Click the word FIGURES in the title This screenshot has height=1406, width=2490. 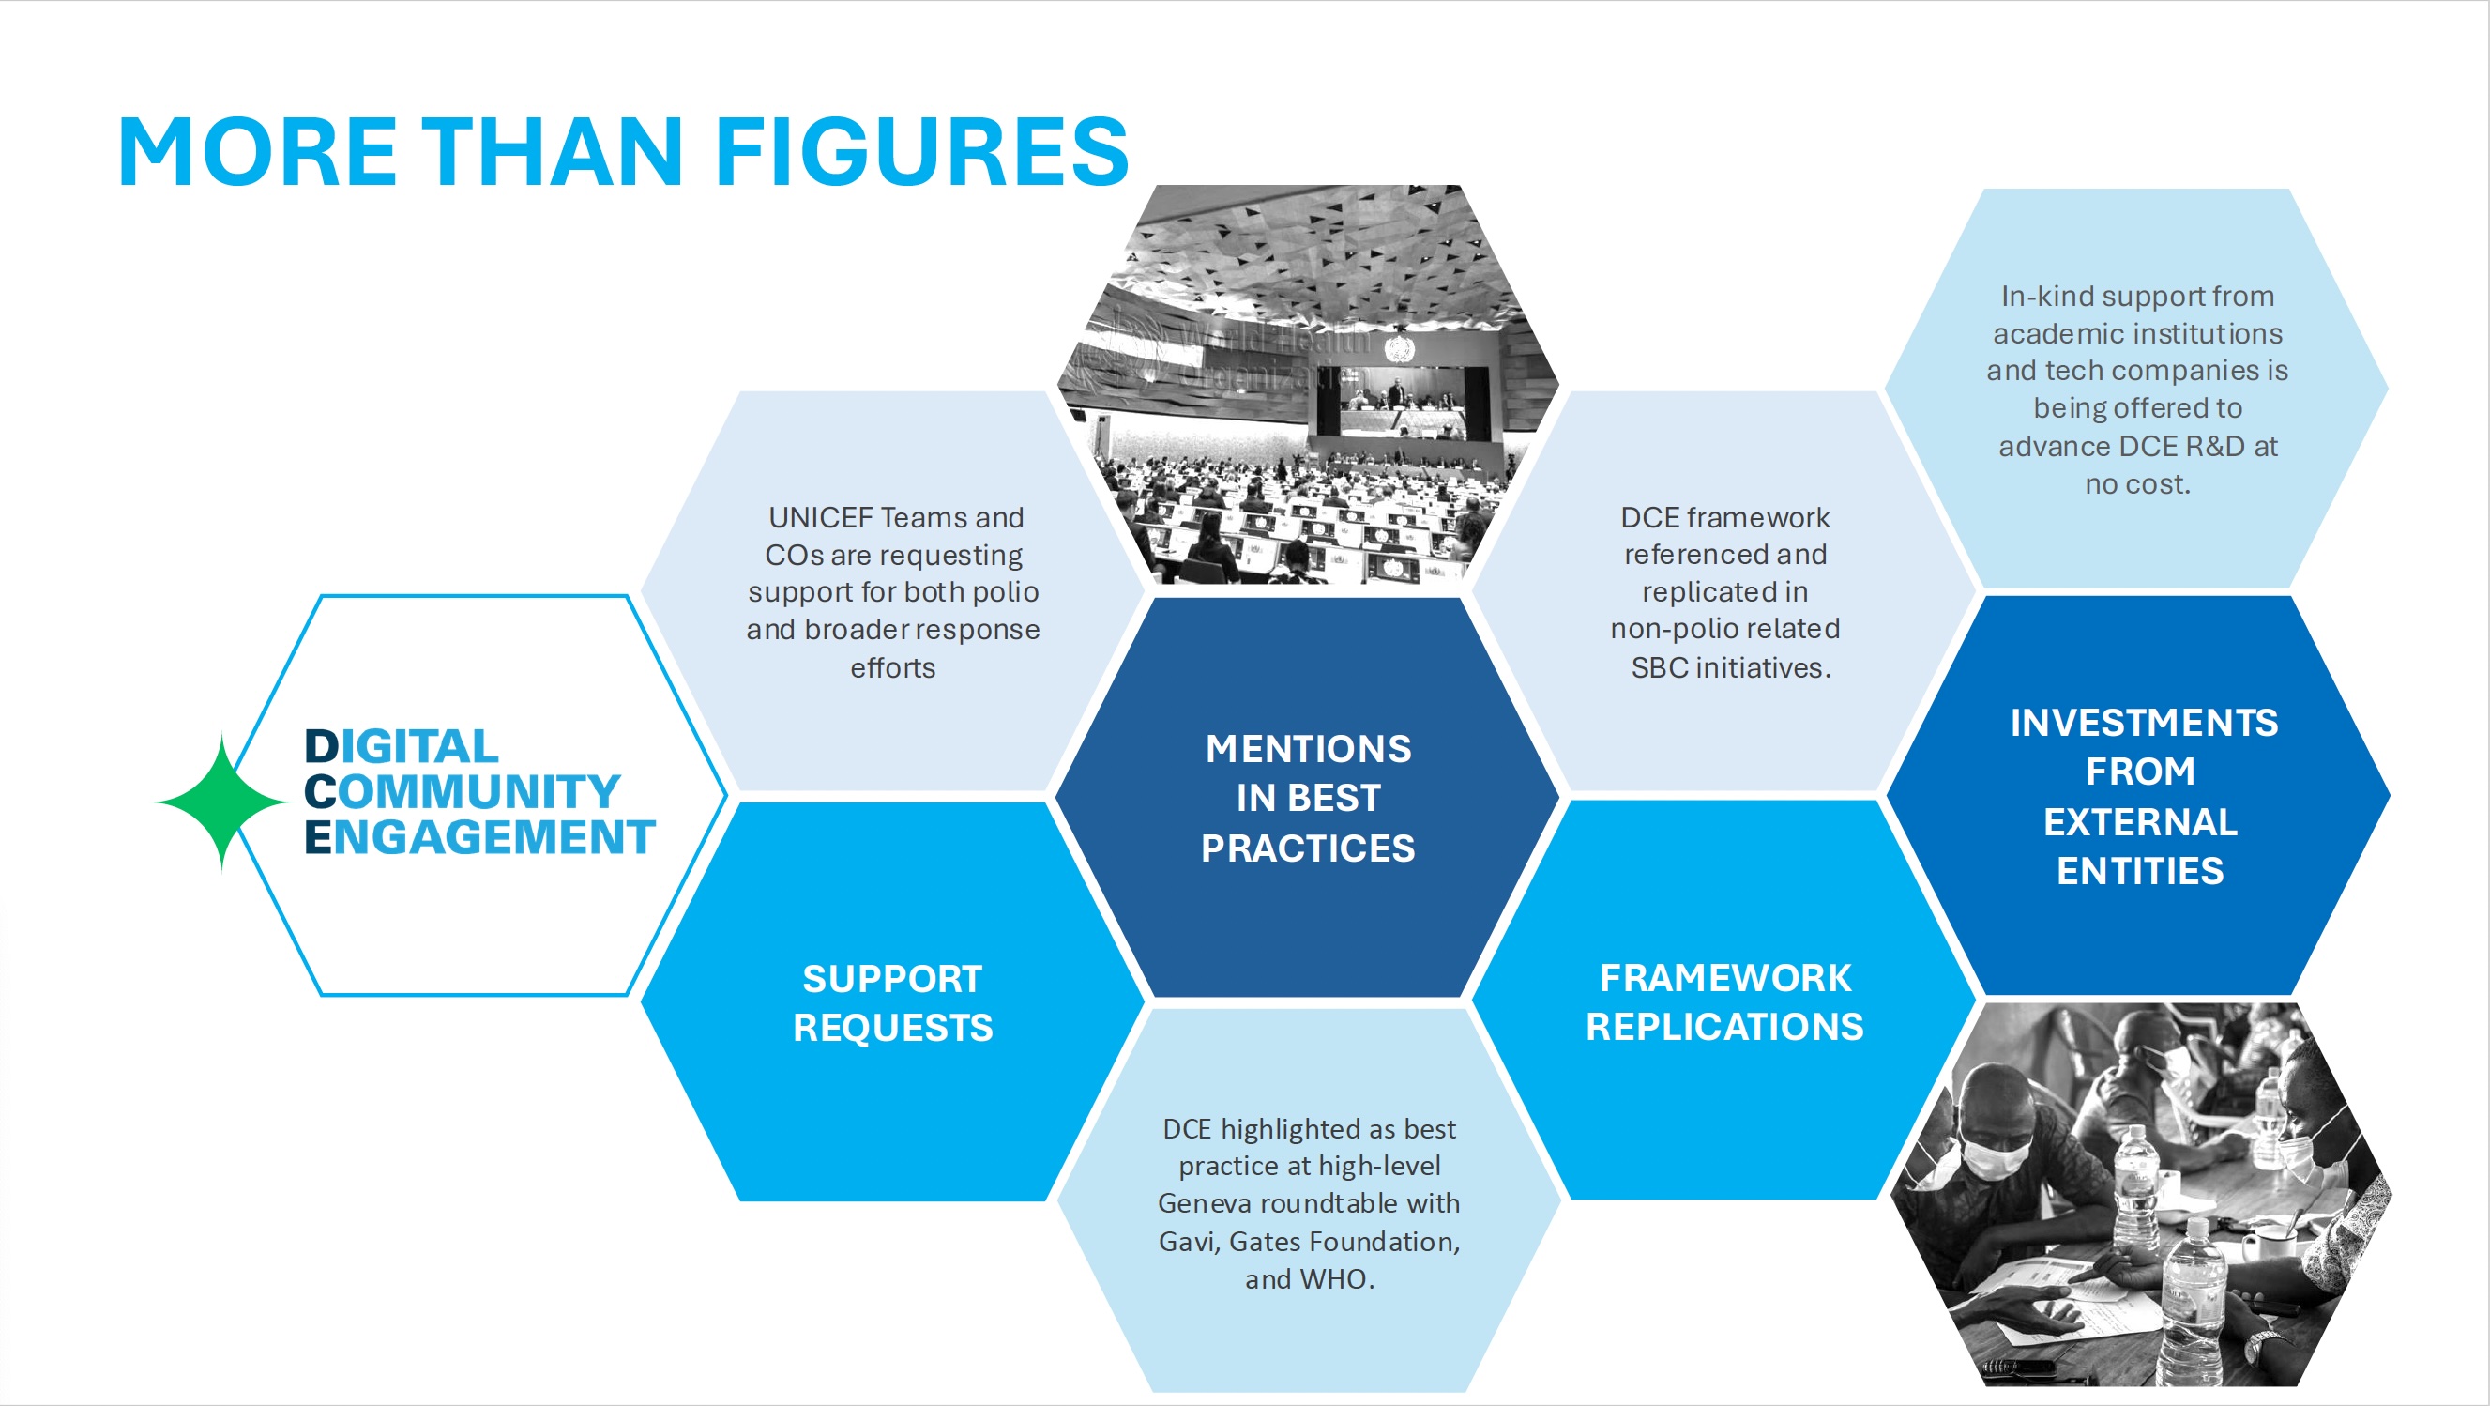click(x=922, y=152)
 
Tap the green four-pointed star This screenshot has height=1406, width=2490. click(x=222, y=802)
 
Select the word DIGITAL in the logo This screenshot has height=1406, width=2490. click(x=402, y=746)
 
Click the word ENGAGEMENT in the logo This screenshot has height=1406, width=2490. click(x=480, y=836)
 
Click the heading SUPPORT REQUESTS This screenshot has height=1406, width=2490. click(x=892, y=1002)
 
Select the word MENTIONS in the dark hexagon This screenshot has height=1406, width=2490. click(x=1308, y=748)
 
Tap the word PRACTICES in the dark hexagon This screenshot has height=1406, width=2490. click(x=1308, y=848)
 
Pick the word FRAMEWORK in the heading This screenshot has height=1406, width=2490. click(x=1725, y=978)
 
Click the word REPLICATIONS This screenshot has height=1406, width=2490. click(x=1725, y=1026)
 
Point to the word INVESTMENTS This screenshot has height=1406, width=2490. click(x=2144, y=723)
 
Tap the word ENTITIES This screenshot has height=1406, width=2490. click(x=2140, y=871)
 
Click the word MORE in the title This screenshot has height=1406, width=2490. click(x=257, y=152)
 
